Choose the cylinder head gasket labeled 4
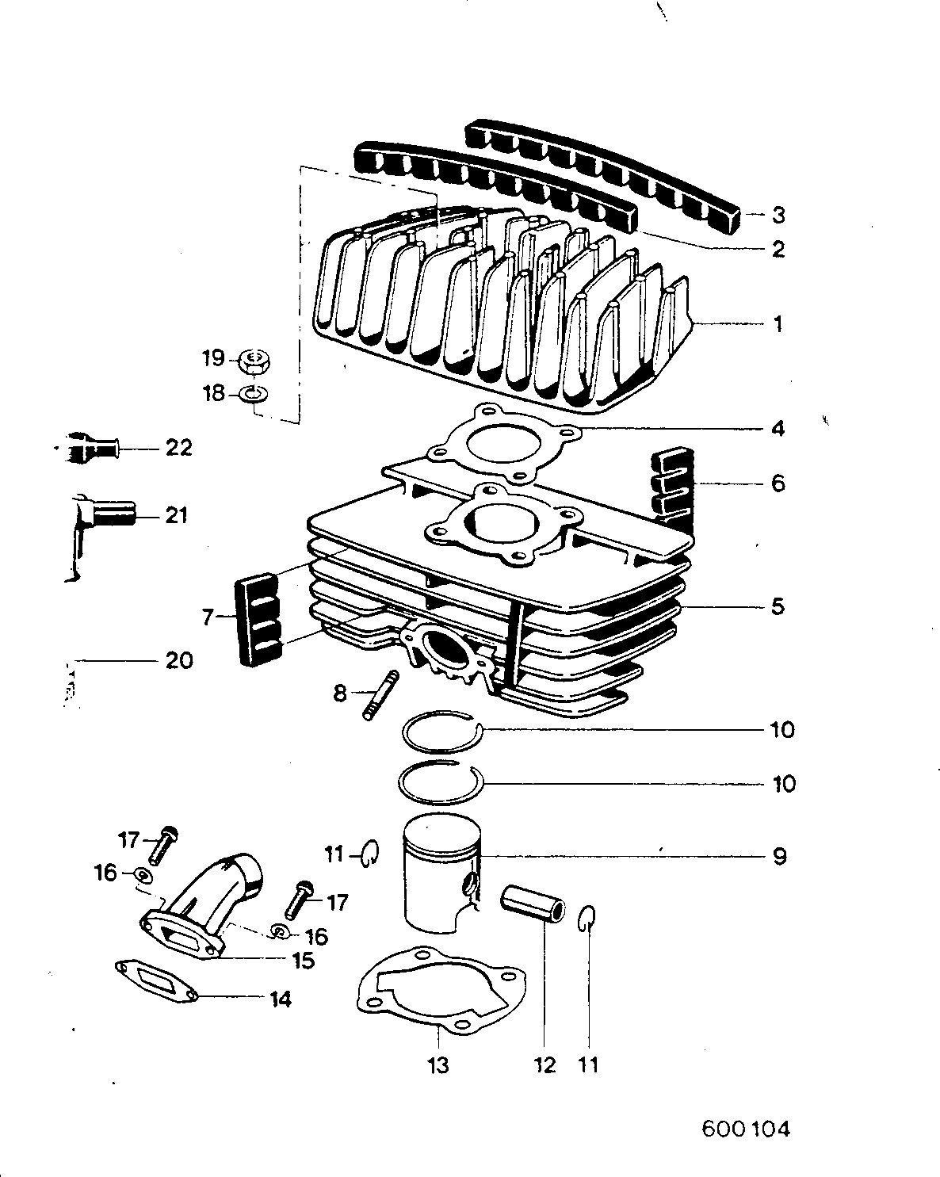click(504, 444)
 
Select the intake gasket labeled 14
click(156, 982)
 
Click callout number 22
click(179, 448)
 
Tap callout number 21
click(176, 515)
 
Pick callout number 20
click(179, 660)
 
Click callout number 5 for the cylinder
click(778, 606)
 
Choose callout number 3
click(778, 215)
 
